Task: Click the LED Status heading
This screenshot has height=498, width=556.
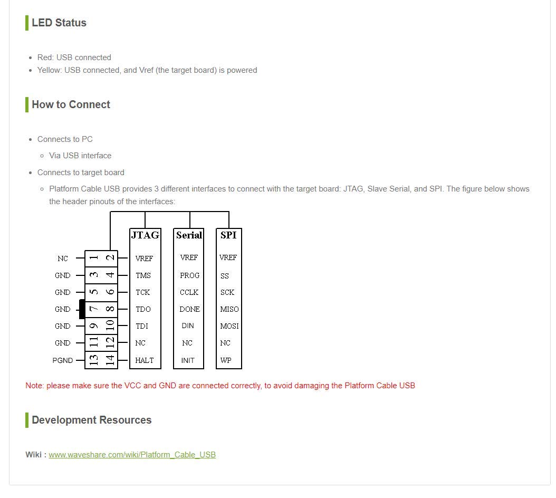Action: (59, 23)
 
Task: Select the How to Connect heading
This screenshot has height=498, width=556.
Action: (71, 104)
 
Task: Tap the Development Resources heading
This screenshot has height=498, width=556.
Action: (91, 420)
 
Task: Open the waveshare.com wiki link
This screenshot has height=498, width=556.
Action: (132, 455)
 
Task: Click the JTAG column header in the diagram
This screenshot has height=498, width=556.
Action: (145, 235)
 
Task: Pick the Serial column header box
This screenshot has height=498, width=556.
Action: (189, 235)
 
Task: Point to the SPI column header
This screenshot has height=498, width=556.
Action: (228, 235)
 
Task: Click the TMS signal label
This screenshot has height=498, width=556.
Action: (143, 275)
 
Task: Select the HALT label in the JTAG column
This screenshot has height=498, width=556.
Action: (144, 360)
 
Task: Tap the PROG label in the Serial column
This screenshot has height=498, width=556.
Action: (189, 275)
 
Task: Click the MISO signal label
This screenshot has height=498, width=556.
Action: (229, 309)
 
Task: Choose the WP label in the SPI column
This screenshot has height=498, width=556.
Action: (225, 360)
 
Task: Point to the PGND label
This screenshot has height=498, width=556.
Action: (62, 360)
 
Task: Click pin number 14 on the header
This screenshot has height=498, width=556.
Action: (110, 360)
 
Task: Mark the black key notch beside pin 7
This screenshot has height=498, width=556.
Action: (82, 309)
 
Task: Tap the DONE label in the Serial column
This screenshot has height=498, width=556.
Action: (189, 309)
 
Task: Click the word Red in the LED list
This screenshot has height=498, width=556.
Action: (44, 58)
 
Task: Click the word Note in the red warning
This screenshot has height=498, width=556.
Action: (34, 386)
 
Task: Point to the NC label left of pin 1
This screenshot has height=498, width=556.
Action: (63, 258)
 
